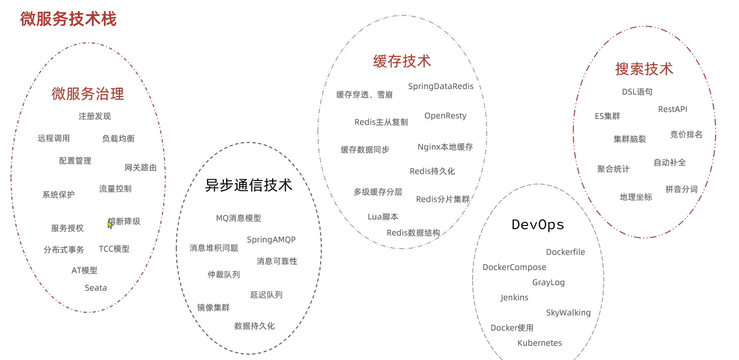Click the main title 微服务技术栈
68,19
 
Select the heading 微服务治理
88,94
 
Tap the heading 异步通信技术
248,185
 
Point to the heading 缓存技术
402,61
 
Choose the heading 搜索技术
644,69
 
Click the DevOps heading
537,225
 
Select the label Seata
95,288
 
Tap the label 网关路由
140,168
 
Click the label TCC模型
114,249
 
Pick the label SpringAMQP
271,240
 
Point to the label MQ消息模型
238,218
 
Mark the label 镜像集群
213,308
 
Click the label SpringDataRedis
441,86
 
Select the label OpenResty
445,116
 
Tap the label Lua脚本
383,217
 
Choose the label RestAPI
672,109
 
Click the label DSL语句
637,92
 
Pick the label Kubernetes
539,343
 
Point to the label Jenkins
514,298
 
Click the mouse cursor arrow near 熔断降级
110,224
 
